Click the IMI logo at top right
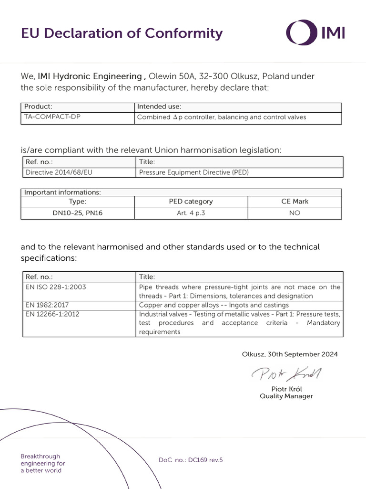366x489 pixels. (315, 32)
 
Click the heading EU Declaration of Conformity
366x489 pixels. (122, 33)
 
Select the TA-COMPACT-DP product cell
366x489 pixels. (52, 117)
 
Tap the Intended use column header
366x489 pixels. (159, 106)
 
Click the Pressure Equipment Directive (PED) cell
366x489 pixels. (193, 172)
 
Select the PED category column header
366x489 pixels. (191, 202)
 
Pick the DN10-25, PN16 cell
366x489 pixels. (77, 213)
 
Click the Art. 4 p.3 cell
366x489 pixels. (191, 213)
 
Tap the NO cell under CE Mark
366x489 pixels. (295, 213)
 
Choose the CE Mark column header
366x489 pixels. (295, 202)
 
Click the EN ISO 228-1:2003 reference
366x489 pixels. (55, 287)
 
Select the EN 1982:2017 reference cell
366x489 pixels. (47, 305)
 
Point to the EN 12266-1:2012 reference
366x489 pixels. (52, 314)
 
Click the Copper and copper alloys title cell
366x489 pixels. (213, 305)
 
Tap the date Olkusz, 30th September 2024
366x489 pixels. (290, 354)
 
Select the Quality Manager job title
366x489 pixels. (286, 396)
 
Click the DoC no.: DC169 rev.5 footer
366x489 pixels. (191, 460)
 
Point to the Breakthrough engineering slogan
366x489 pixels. (43, 463)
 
